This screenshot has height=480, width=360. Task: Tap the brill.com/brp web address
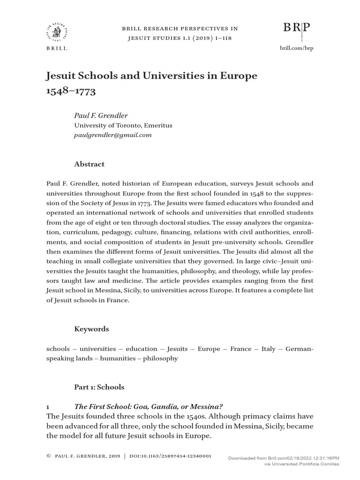pos(296,48)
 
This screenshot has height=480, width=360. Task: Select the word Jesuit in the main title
pos(61,75)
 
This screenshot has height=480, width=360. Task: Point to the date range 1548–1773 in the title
pos(70,91)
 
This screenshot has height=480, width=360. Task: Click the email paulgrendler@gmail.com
pos(113,135)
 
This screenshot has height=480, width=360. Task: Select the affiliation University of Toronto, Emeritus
pos(123,125)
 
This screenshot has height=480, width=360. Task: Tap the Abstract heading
pos(90,164)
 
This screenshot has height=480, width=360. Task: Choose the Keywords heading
pos(91,329)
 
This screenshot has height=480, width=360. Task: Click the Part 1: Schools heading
pos(99,387)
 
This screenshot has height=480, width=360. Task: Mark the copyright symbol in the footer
pos(49,456)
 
